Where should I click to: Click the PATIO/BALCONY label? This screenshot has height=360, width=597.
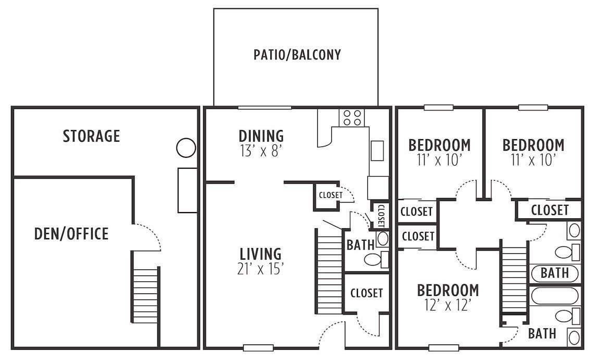(297, 55)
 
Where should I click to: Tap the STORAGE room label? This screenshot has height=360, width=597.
(91, 136)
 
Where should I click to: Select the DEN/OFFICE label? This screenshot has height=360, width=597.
(71, 233)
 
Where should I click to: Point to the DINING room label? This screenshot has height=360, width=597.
(261, 136)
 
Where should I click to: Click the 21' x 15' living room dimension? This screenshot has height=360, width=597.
(260, 270)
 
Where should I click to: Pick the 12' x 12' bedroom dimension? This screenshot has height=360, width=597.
(447, 305)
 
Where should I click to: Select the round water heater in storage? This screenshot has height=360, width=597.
(186, 148)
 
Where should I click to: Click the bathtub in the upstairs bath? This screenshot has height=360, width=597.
(555, 295)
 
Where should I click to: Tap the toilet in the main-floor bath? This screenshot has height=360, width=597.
(374, 259)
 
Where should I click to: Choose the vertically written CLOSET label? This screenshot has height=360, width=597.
(381, 215)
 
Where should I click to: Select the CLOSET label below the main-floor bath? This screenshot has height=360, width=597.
(366, 293)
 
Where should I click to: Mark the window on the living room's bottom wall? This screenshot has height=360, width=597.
(258, 347)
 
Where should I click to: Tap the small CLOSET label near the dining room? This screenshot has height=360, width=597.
(330, 195)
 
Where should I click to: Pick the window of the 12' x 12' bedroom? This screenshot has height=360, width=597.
(443, 347)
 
